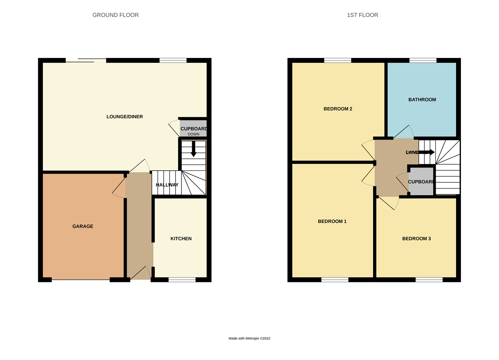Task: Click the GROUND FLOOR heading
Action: click(115, 15)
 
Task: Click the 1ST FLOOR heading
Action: click(362, 15)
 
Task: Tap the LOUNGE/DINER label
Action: click(125, 116)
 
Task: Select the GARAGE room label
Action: click(83, 226)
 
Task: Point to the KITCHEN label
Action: click(181, 238)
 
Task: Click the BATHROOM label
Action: click(422, 99)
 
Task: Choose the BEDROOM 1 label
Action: click(332, 221)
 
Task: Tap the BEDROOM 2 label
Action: click(337, 109)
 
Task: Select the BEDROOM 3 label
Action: click(416, 238)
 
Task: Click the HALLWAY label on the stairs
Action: click(167, 185)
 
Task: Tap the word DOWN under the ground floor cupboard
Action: click(193, 134)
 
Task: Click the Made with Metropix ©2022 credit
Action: click(249, 338)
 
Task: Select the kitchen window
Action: click(182, 280)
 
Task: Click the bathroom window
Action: click(423, 60)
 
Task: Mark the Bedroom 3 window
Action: click(429, 280)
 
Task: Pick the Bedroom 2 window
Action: click(337, 60)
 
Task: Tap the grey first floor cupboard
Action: click(421, 182)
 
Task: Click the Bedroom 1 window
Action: click(335, 280)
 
